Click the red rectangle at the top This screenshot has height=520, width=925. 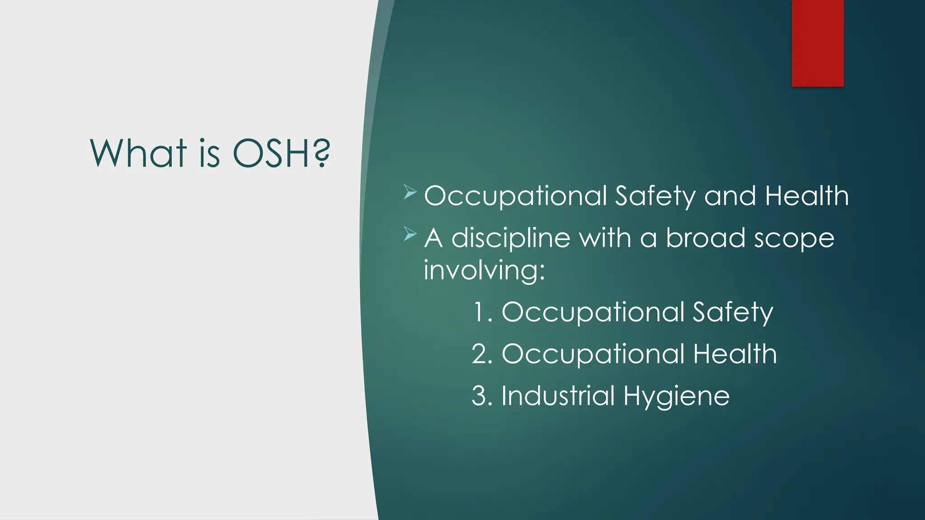coord(818,43)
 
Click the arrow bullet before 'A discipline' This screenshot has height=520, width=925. coord(410,234)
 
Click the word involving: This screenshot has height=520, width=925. coord(484,270)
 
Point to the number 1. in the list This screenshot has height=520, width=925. coord(482,311)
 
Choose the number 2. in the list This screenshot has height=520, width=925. coord(482,353)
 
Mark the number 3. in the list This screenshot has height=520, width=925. coord(482,395)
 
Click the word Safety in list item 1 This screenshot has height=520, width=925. coord(733,312)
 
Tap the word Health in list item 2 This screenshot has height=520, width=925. coord(735,353)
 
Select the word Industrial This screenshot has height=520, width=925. coord(558,395)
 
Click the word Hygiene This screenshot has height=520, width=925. coord(676,396)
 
